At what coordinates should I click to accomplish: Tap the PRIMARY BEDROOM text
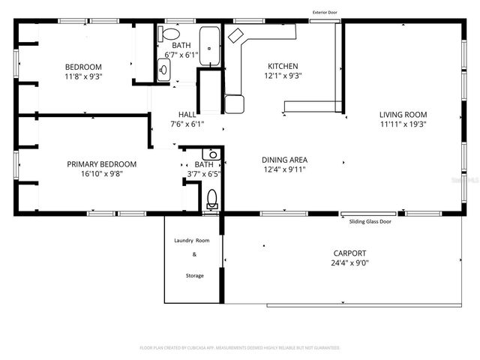pos(102,164)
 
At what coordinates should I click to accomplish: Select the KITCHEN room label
pos(283,66)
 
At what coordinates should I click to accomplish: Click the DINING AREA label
pos(284,160)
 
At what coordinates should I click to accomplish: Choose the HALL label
pos(187,115)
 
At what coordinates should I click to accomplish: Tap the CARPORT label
pos(349,253)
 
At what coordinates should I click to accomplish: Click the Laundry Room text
pos(192,241)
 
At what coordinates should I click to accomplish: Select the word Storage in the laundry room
pos(194,276)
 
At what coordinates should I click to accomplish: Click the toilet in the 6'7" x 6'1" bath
pos(170,34)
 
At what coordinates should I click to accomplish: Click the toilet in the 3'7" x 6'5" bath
pos(212,199)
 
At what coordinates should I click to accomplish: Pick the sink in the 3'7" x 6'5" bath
pos(213,154)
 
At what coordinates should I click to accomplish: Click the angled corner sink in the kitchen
pos(236,34)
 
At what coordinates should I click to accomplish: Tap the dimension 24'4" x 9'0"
pos(349,263)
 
